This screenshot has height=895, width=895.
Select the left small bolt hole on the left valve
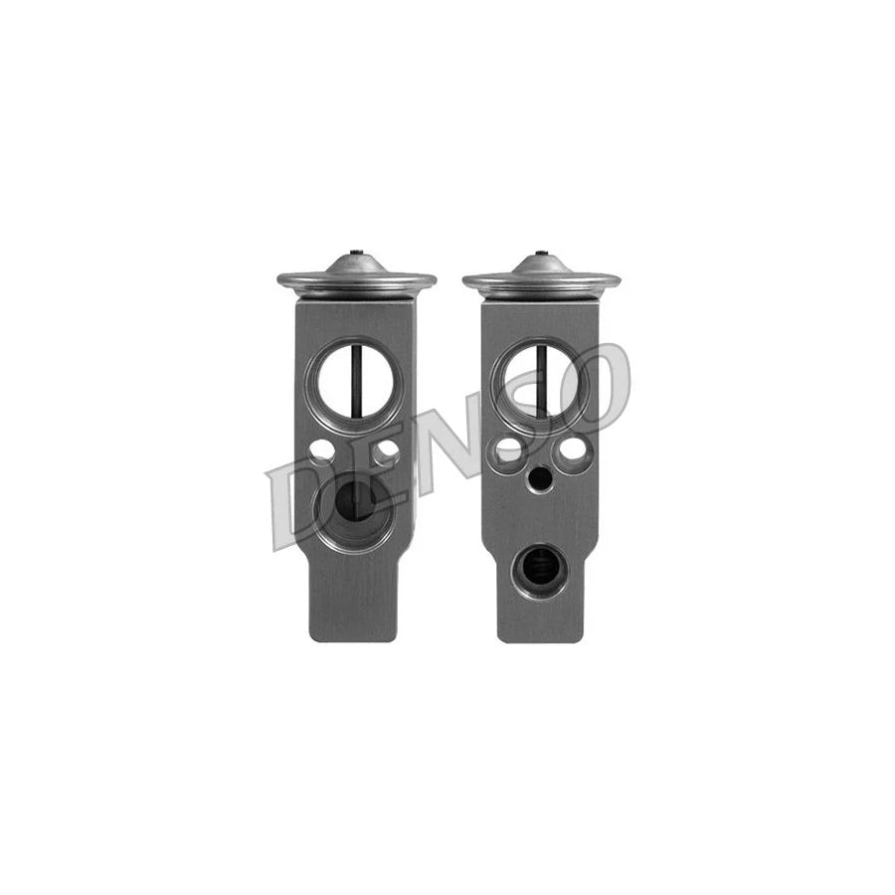321,450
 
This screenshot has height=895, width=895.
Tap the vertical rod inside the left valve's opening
355,384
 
